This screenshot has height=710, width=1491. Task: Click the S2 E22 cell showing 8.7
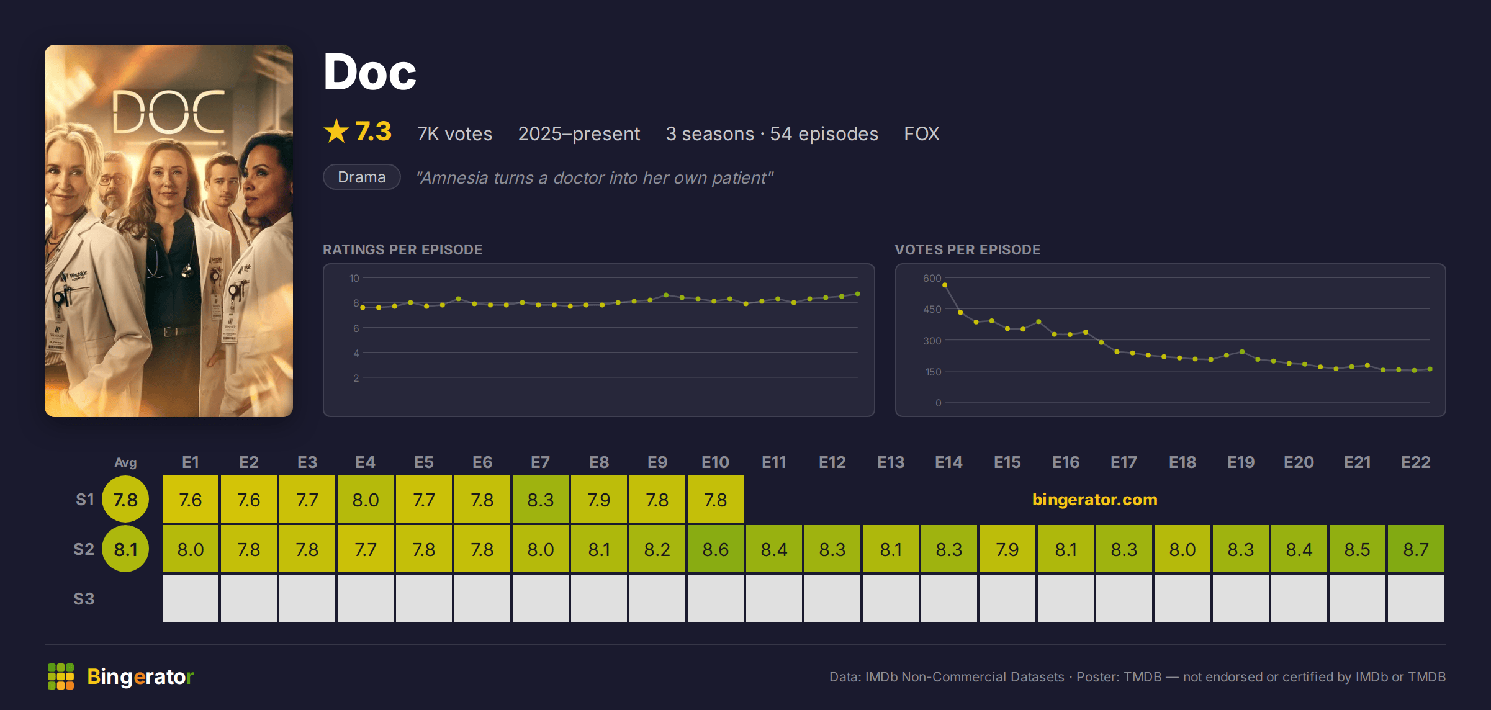1415,549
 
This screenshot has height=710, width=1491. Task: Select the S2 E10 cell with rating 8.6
715,549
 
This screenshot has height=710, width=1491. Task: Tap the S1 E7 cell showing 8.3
540,499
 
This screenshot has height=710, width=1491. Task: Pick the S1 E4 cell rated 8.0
365,499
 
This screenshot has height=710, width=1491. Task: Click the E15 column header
1007,462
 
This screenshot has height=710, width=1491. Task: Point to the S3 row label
84,599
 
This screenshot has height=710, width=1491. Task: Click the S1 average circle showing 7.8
125,499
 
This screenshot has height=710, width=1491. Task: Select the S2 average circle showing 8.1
125,549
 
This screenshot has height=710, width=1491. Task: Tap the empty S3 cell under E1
190,598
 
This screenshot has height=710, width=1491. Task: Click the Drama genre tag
361,177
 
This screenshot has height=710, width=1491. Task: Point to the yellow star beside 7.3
336,131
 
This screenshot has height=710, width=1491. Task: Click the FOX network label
921,133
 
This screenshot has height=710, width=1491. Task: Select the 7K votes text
454,133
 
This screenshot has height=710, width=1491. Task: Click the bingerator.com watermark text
1094,500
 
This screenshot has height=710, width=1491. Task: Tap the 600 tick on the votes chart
932,278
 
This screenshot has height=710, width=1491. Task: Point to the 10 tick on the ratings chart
354,278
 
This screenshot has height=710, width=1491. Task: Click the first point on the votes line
945,285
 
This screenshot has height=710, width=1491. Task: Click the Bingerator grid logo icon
61,676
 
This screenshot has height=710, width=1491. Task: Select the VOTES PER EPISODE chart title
967,249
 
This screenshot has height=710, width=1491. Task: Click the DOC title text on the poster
168,112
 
